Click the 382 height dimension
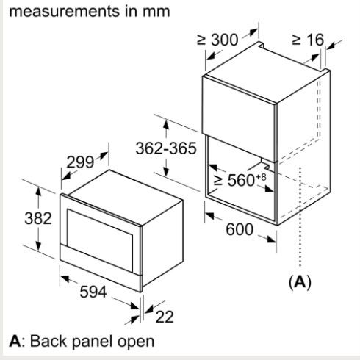pos(38,218)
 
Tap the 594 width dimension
pos(93,292)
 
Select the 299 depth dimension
pos(80,162)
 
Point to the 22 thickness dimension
pos(165,317)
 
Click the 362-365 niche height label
pos(166,148)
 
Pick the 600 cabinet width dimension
pos(240,229)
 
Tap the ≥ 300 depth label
pos(217,40)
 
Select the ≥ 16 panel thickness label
pos(308,40)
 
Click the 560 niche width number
pos(241,181)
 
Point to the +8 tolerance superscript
pos(261,177)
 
